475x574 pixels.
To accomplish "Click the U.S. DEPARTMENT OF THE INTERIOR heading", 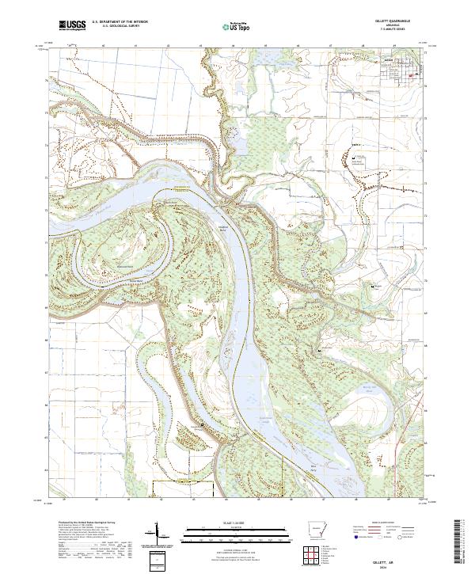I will point(121,21).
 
